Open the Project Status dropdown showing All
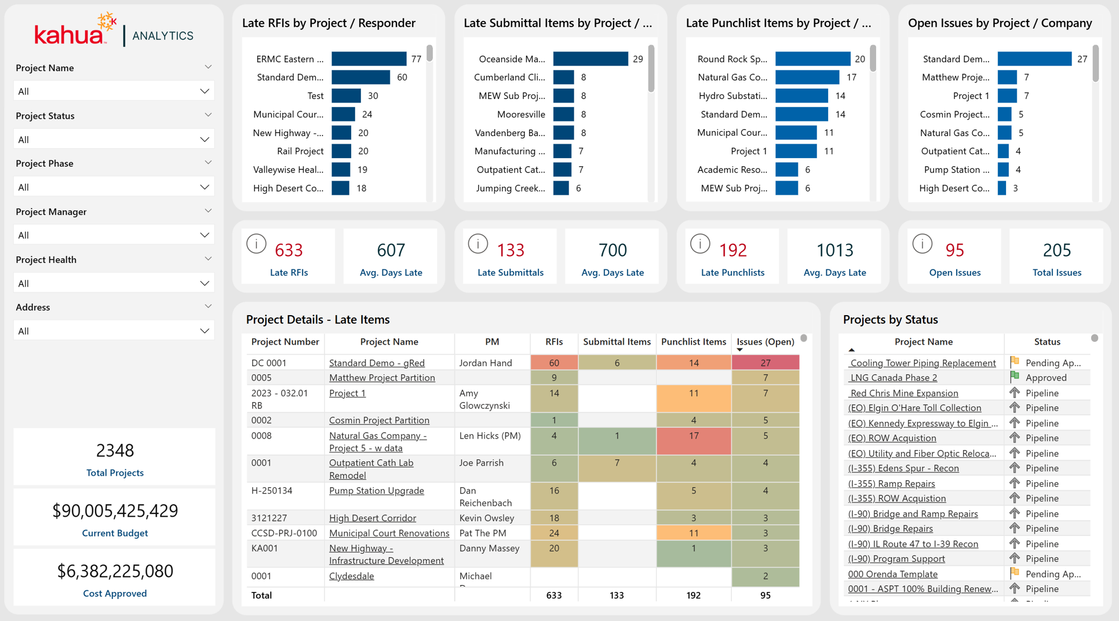tap(114, 140)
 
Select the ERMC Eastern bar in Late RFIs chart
tap(369, 59)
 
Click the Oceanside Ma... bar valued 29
tap(590, 59)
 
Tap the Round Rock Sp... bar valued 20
tap(812, 59)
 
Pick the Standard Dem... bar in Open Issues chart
tap(1034, 59)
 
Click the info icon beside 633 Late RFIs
tap(256, 244)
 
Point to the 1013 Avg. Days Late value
tap(834, 250)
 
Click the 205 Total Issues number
tap(1056, 250)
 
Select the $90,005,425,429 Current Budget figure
tap(115, 511)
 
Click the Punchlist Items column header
tap(693, 342)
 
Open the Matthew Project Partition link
tap(382, 378)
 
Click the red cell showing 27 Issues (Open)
tap(766, 363)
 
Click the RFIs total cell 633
tap(554, 595)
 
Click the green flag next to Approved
tap(1014, 377)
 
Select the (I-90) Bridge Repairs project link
tap(890, 528)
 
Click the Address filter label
tap(33, 307)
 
